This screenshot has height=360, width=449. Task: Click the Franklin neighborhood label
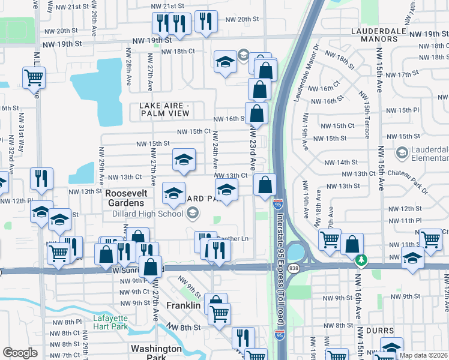[184, 305]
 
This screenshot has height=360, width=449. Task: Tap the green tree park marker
[361, 260]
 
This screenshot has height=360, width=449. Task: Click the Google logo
[20, 352]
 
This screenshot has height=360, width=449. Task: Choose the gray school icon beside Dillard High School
[192, 212]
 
